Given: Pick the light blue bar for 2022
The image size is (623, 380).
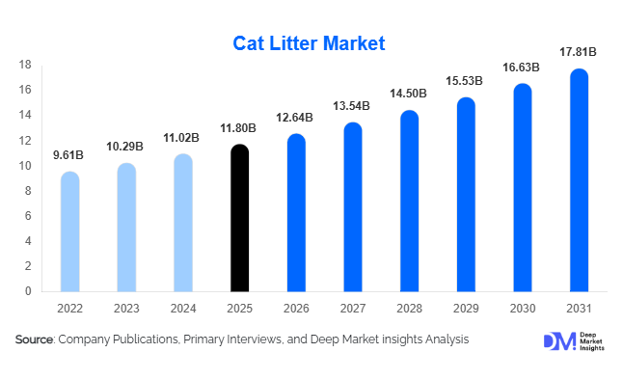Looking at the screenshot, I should pos(70,231).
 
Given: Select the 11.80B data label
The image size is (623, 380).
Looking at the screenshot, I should pos(240,128).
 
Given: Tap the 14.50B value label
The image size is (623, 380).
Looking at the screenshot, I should pos(410,94).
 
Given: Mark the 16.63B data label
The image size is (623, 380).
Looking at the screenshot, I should pos(523,68).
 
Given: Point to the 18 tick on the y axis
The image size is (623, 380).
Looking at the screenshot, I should pos(26,65).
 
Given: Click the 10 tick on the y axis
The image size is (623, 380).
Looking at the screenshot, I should pos(26,166).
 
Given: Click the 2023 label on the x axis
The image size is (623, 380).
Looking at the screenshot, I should pos(127,309).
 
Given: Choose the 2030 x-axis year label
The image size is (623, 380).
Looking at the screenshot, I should pos(523,309).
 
